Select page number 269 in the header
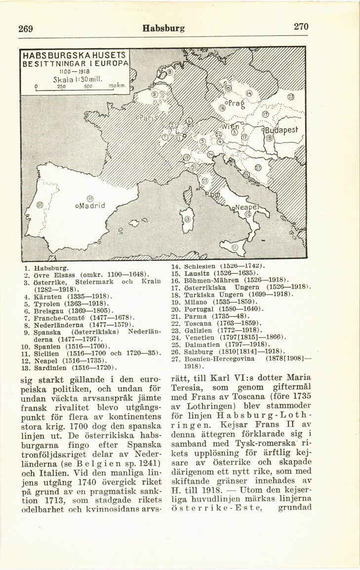click(x=26, y=29)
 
